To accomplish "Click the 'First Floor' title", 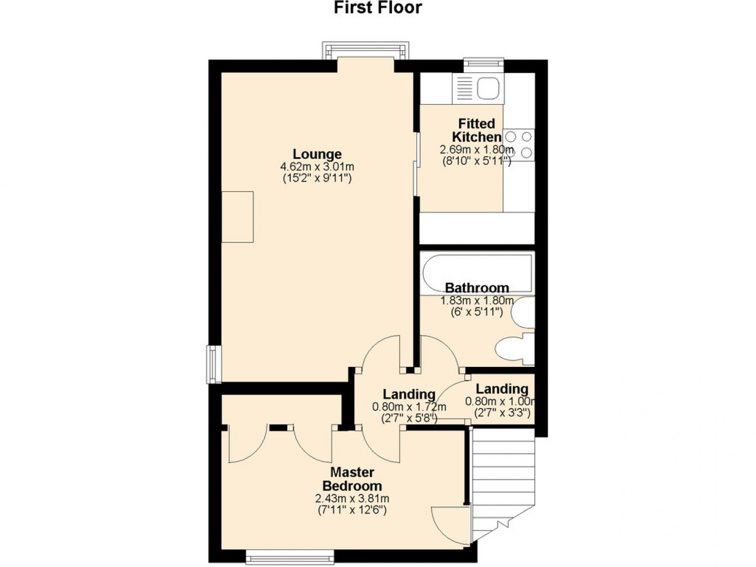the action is pos(378,8).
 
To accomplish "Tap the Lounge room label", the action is pos(317,154).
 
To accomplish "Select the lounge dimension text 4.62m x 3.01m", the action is pos(317,167).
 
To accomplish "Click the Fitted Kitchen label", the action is pos(477,130).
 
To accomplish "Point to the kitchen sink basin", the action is pos(488,88).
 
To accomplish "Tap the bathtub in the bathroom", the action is pos(477,273).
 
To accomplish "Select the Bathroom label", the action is pos(477,287).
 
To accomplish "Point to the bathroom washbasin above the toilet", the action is pos(523,312).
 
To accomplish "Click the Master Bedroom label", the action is pos(352,479).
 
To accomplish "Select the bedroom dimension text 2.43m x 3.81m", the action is pos(352,498).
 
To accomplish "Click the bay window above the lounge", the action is pos(365,50).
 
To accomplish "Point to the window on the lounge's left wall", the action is pos(214,364).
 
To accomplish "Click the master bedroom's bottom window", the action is pos(290,557).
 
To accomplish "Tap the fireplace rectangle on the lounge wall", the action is pos(238,217).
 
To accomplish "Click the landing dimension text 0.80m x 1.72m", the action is pos(409,407).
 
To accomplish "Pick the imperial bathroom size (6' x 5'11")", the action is pos(477,312).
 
